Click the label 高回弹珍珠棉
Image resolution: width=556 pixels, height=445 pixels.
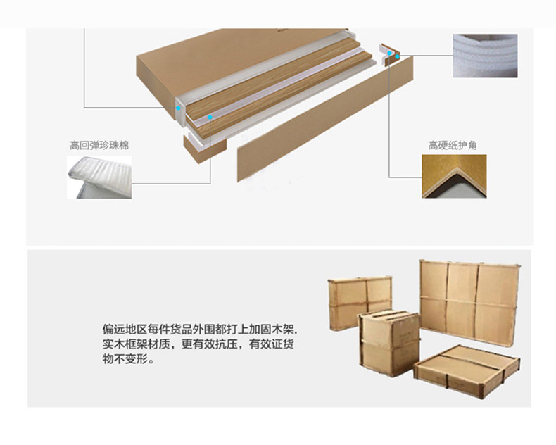99,145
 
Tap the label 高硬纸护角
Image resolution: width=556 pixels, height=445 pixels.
453,145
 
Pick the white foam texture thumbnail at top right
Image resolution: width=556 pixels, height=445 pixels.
485,56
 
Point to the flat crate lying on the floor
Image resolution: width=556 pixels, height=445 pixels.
467,365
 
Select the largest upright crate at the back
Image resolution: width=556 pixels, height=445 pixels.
469,299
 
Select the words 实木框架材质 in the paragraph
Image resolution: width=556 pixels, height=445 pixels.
138,344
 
